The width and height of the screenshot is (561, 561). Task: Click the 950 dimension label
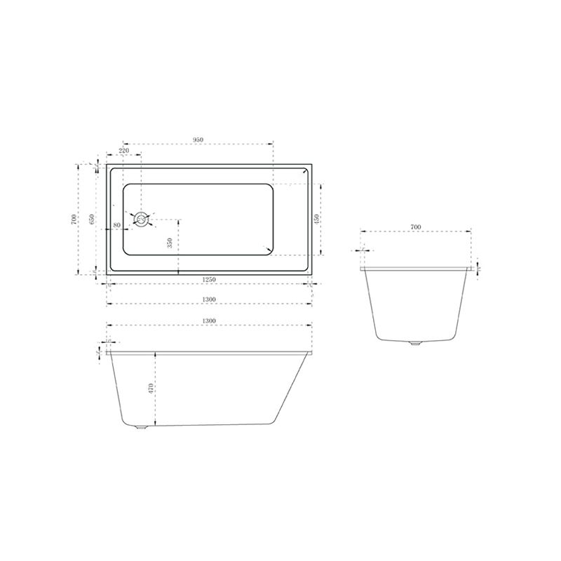coord(198,140)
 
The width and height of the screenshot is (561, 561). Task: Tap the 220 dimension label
coord(123,151)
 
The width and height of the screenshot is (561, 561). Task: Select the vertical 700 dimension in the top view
coord(74,219)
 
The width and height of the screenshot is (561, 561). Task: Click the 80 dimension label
coord(116,224)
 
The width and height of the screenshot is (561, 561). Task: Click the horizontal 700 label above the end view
coord(414,227)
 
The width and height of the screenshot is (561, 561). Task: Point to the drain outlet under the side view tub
coord(141,428)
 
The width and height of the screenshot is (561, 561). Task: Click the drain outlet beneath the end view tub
coord(414,344)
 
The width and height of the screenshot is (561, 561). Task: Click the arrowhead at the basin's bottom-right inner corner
coord(267,249)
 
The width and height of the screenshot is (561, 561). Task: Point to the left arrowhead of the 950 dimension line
coord(125,144)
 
